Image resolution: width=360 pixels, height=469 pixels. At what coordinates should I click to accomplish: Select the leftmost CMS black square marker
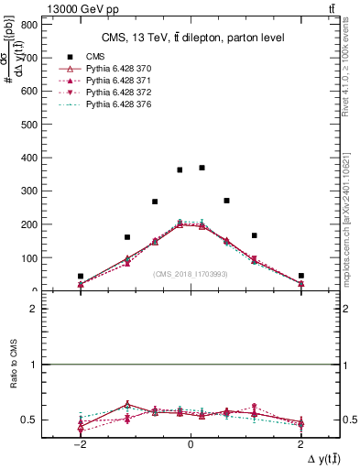(81, 276)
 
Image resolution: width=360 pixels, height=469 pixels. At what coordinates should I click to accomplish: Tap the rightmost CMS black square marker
(300, 275)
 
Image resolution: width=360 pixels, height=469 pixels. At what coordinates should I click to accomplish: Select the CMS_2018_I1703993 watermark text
(191, 274)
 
